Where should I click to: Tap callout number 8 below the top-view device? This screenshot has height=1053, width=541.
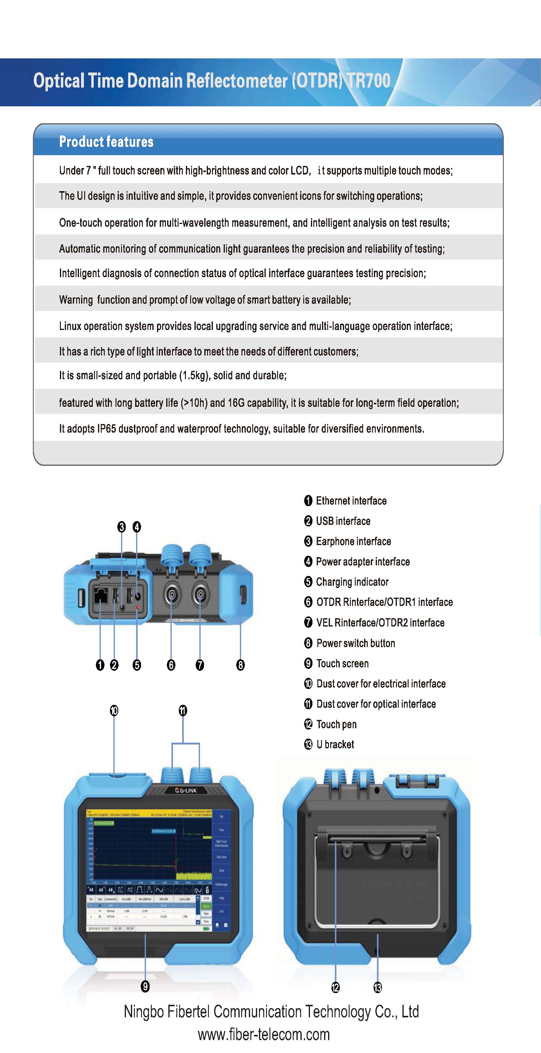tap(241, 665)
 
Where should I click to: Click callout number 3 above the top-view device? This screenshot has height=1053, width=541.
tap(121, 527)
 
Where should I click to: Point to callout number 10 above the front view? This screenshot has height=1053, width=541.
tap(114, 711)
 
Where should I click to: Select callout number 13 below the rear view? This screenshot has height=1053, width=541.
tap(378, 988)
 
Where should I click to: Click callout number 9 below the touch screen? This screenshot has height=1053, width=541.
tap(145, 986)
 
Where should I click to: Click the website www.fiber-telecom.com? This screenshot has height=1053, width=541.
tap(264, 1035)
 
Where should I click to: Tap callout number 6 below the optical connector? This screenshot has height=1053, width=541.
tap(171, 665)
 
